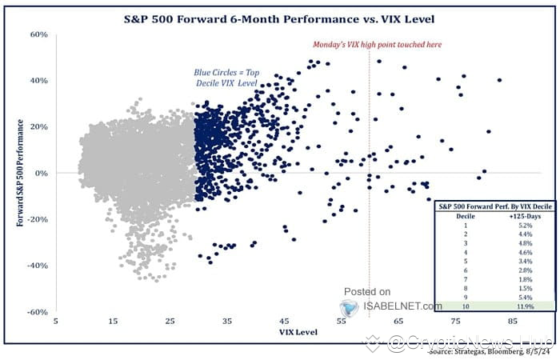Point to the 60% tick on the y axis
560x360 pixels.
38,35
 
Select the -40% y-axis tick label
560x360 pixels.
37,266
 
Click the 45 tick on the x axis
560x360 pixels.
284,321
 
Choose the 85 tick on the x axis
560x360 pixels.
513,321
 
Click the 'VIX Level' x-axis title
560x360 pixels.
298,331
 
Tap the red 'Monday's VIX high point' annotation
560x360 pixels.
375,45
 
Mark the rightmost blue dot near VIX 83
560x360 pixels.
499,80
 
